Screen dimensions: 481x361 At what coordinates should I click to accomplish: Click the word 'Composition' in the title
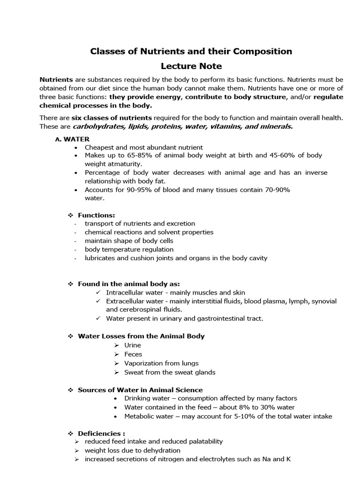tap(263, 51)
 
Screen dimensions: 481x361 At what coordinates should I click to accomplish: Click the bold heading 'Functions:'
tap(96, 215)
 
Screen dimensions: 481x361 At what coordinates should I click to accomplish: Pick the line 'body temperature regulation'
tap(129, 249)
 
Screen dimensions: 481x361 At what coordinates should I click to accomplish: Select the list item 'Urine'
tap(133, 345)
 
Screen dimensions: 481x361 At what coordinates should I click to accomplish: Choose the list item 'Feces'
tap(133, 354)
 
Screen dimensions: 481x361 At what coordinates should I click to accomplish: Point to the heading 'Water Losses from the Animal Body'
tap(141, 336)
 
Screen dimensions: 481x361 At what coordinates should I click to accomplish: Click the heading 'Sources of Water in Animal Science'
tap(140, 390)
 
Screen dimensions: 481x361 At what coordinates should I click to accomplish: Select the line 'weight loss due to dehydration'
tap(133, 450)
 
